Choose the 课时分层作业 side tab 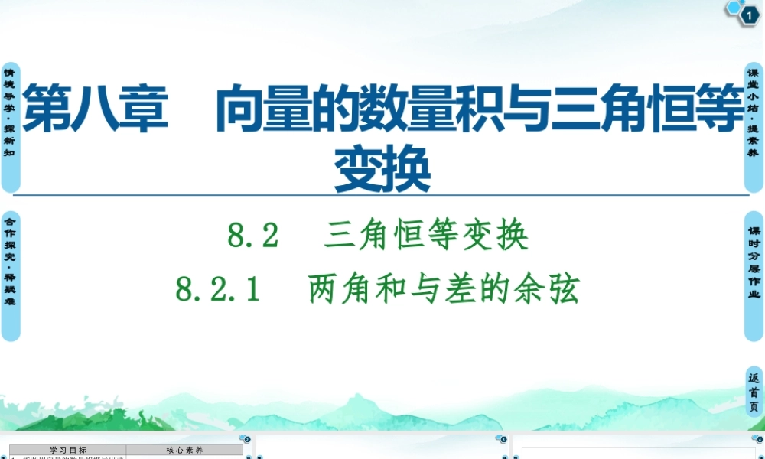point(754,275)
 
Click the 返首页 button point(754,392)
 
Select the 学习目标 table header point(68,450)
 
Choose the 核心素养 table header point(184,450)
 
